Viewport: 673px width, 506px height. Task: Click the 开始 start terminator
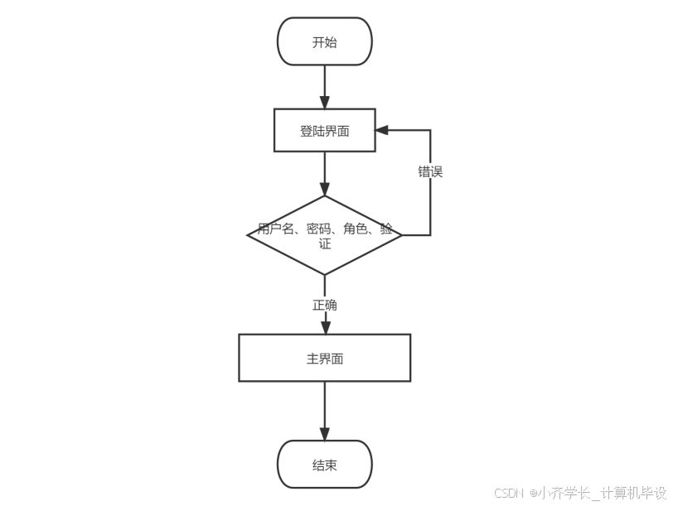pyautogui.click(x=324, y=42)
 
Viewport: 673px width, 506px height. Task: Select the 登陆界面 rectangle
pyautogui.click(x=324, y=131)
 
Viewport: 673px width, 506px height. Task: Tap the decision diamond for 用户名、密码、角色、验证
pyautogui.click(x=324, y=235)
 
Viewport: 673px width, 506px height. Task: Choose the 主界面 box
pyautogui.click(x=324, y=359)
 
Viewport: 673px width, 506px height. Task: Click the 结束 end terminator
pyautogui.click(x=324, y=465)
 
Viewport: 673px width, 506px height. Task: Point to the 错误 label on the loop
pyautogui.click(x=430, y=172)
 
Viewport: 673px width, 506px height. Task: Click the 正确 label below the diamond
pyautogui.click(x=324, y=306)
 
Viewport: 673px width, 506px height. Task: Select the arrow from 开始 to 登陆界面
pyautogui.click(x=324, y=86)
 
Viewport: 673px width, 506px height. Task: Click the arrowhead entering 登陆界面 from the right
pyautogui.click(x=382, y=131)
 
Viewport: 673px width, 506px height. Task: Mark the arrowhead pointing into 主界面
pyautogui.click(x=324, y=328)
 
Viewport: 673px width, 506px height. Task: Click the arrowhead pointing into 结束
pyautogui.click(x=324, y=434)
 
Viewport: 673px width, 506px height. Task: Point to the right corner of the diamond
pyautogui.click(x=401, y=235)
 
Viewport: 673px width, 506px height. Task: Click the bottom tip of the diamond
pyautogui.click(x=324, y=273)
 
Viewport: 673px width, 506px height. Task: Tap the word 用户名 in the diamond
pyautogui.click(x=276, y=229)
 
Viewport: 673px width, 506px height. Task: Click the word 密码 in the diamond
pyautogui.click(x=318, y=229)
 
